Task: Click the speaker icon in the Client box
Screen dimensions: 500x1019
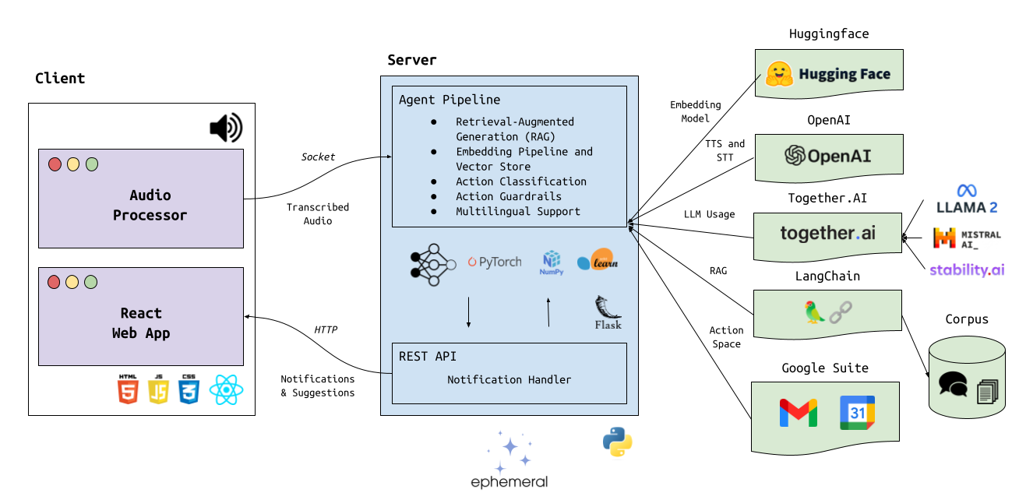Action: pyautogui.click(x=226, y=128)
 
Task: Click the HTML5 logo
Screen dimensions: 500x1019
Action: pyautogui.click(x=128, y=389)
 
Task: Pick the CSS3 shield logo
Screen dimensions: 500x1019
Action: pyautogui.click(x=189, y=389)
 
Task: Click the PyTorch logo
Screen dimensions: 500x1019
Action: pyautogui.click(x=495, y=262)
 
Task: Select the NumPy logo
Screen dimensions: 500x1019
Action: pyautogui.click(x=551, y=263)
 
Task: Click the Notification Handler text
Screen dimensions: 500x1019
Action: pyautogui.click(x=509, y=380)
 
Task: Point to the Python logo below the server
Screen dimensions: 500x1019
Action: pyautogui.click(x=617, y=442)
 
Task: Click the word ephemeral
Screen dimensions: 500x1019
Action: pyautogui.click(x=509, y=482)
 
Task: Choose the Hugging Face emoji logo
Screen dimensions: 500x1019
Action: pyautogui.click(x=779, y=74)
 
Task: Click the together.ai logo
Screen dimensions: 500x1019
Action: pyautogui.click(x=828, y=233)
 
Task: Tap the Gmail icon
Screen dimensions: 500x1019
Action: pyautogui.click(x=799, y=413)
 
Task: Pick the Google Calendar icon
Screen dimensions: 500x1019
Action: pyautogui.click(x=857, y=413)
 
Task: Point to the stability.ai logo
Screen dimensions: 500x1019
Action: pyautogui.click(x=966, y=270)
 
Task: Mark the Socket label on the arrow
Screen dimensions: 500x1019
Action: pyautogui.click(x=318, y=157)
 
